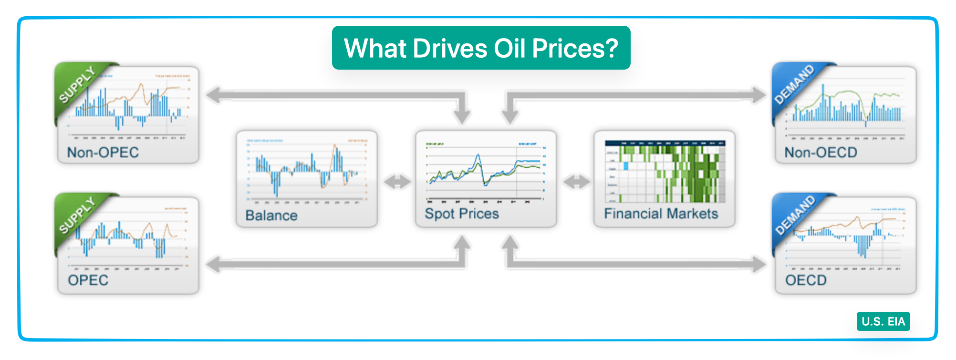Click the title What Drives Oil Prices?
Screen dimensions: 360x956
(481, 48)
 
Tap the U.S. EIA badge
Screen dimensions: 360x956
(883, 321)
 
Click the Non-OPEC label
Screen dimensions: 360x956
(103, 153)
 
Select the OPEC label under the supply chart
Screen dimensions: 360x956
(88, 280)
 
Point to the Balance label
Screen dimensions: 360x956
(271, 216)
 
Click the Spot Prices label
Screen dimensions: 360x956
(462, 214)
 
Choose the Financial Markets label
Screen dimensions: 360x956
(661, 214)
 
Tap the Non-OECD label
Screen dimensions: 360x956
(821, 153)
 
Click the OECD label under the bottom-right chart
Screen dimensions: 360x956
(806, 280)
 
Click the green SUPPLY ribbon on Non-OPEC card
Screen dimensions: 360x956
(78, 85)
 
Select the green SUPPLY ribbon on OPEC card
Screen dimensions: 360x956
(78, 216)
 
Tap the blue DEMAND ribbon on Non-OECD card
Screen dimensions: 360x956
(794, 85)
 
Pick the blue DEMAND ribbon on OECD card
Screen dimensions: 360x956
(794, 216)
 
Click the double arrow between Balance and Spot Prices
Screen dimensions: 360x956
(397, 182)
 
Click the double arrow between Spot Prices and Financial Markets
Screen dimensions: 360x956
(576, 182)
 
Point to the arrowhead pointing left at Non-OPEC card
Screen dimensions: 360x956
(214, 95)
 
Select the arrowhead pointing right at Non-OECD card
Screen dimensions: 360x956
(759, 95)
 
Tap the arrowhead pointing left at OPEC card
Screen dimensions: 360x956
(214, 264)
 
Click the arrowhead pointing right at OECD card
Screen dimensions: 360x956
(759, 264)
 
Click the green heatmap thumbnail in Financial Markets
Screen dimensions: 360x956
(665, 172)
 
